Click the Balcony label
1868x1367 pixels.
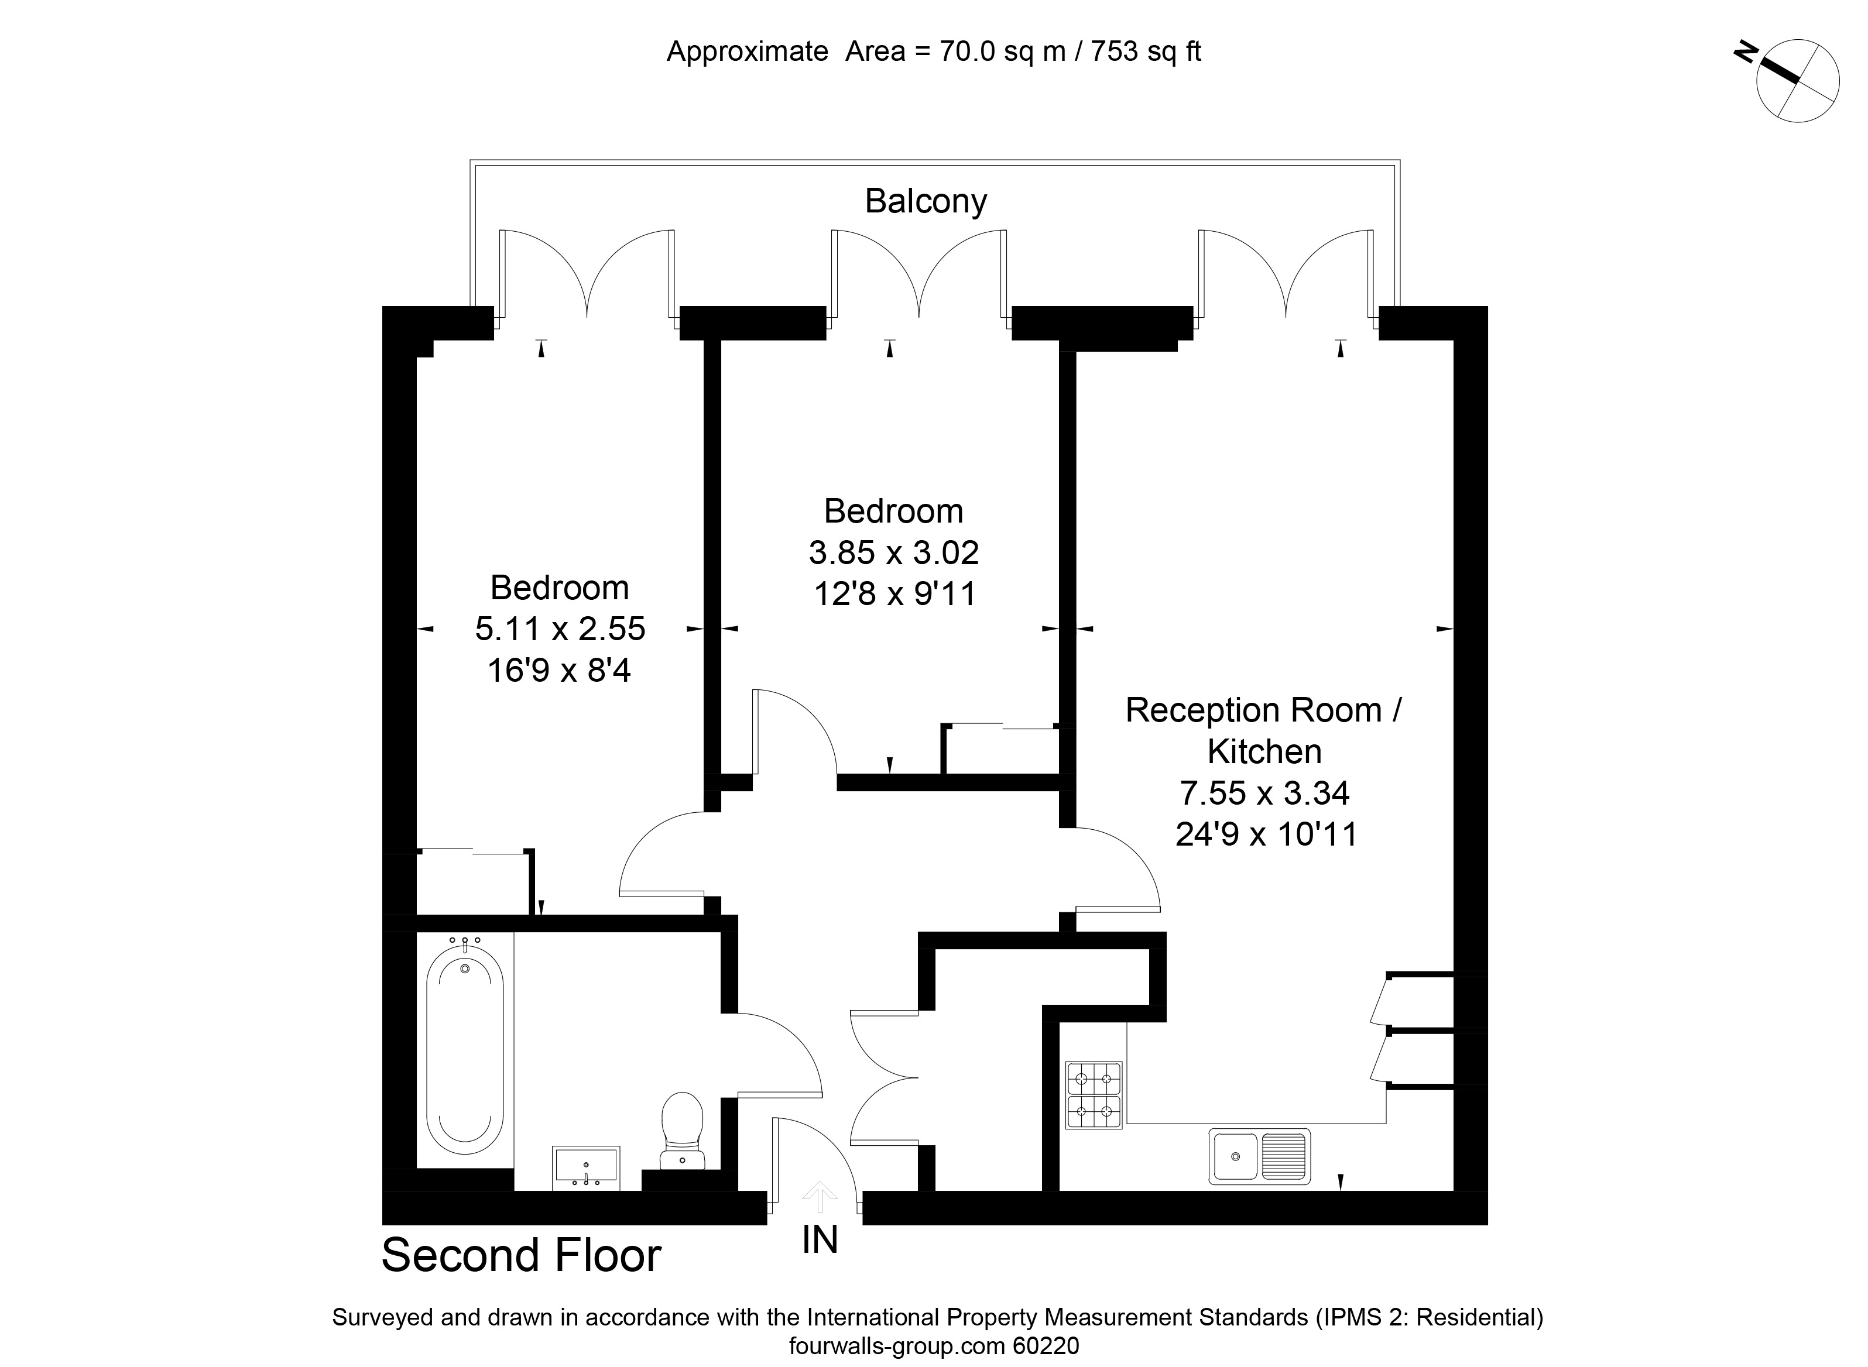(926, 202)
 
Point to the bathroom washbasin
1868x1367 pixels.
(586, 1167)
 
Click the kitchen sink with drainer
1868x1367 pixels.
(1260, 1155)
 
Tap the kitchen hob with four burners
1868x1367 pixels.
(1094, 1095)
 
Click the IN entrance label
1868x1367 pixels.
(820, 1239)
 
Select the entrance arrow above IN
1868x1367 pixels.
(820, 1197)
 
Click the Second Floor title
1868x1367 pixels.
(522, 1255)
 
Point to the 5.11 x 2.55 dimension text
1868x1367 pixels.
(560, 629)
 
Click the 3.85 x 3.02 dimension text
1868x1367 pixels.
(894, 553)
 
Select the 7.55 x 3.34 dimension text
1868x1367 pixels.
(1264, 793)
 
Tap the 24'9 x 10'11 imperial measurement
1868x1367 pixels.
(1266, 834)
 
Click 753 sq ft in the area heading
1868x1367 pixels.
(1146, 52)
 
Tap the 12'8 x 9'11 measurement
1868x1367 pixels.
(894, 594)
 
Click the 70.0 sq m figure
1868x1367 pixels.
(1002, 52)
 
